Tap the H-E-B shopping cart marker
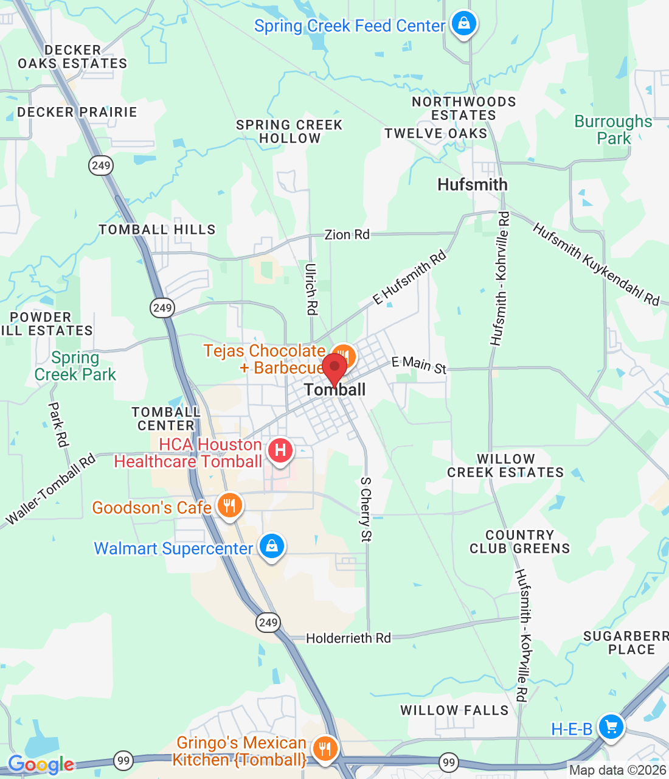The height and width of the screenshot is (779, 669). [x=611, y=727]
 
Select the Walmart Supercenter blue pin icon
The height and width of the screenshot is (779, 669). [x=272, y=547]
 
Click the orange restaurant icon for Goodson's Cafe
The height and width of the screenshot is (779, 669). [x=229, y=506]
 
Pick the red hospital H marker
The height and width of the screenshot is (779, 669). [x=280, y=451]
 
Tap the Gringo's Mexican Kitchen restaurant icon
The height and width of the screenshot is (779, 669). [x=325, y=749]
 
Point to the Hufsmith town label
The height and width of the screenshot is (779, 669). [x=472, y=185]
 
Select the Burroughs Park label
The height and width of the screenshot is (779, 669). [x=613, y=130]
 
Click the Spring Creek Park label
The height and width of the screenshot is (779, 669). [x=75, y=366]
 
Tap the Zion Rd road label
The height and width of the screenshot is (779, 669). [x=347, y=235]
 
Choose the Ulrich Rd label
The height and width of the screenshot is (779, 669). [x=311, y=289]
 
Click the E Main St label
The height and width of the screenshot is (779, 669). [x=418, y=365]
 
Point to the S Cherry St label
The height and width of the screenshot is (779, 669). [x=366, y=509]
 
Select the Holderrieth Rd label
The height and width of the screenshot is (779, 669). [x=348, y=638]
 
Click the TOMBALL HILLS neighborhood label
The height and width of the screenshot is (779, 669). [x=157, y=229]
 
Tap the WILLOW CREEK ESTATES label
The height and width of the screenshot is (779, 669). [x=505, y=466]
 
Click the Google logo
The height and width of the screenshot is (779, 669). [x=41, y=764]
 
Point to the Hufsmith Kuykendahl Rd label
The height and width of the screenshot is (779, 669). [x=595, y=264]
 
